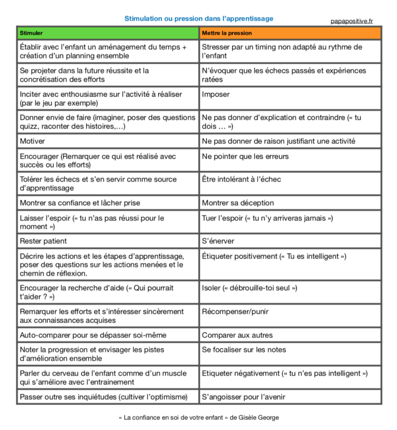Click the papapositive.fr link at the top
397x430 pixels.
click(352, 21)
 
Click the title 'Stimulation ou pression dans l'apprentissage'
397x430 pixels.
click(198, 19)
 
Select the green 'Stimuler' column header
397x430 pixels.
click(108, 33)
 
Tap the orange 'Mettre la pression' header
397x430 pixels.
click(290, 33)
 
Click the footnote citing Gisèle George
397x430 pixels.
click(198, 418)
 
